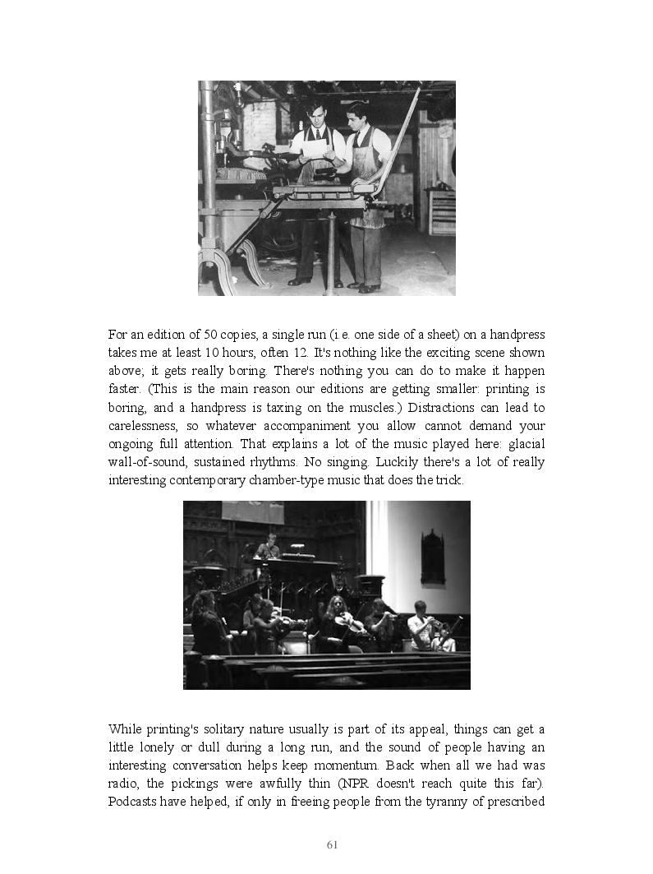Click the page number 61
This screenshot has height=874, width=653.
tap(333, 844)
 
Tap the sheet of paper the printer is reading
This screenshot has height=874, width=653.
tap(315, 148)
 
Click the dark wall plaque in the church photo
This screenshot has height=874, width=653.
tap(433, 557)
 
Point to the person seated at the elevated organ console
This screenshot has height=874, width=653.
tap(267, 548)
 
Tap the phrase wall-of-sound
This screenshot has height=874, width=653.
tap(147, 462)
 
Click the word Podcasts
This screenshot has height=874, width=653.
tap(135, 801)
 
